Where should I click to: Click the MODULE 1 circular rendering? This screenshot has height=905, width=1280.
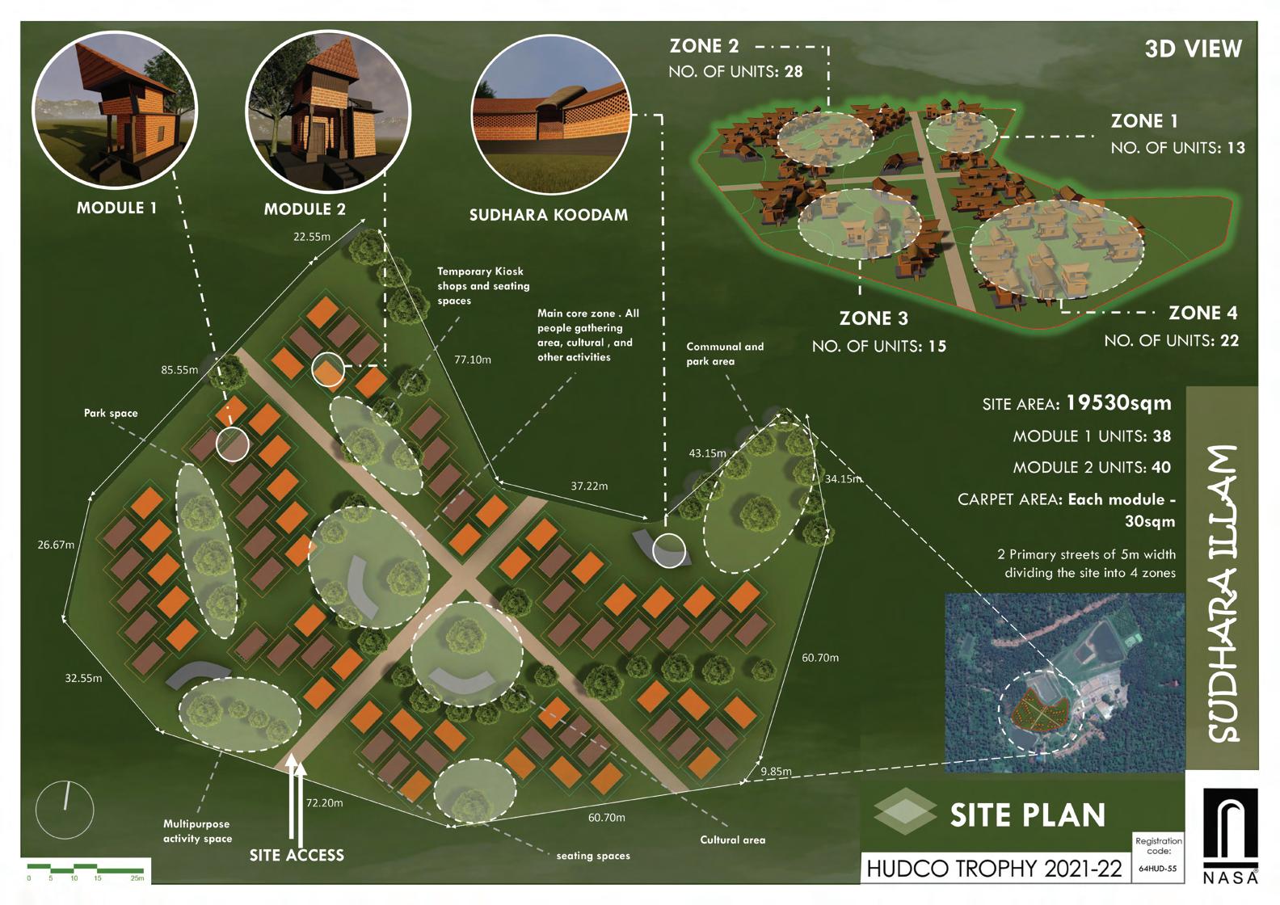(x=114, y=109)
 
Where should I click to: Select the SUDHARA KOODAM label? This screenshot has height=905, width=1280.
(x=548, y=215)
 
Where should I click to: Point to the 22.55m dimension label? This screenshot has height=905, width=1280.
(x=311, y=237)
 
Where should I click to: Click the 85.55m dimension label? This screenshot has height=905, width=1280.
(x=179, y=370)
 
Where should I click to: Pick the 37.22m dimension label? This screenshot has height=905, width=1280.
(x=589, y=486)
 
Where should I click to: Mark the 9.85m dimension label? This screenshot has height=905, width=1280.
(x=776, y=772)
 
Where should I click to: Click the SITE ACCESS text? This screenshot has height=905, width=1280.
(x=297, y=855)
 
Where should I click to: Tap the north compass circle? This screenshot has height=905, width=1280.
(x=65, y=808)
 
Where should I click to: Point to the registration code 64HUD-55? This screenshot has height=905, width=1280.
(x=1157, y=869)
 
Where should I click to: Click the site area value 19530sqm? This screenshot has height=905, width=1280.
(x=1118, y=402)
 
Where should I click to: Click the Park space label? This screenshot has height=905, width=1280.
(x=111, y=413)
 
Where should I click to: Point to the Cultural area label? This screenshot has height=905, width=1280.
(x=732, y=840)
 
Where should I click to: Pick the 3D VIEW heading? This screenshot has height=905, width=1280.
(x=1193, y=49)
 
